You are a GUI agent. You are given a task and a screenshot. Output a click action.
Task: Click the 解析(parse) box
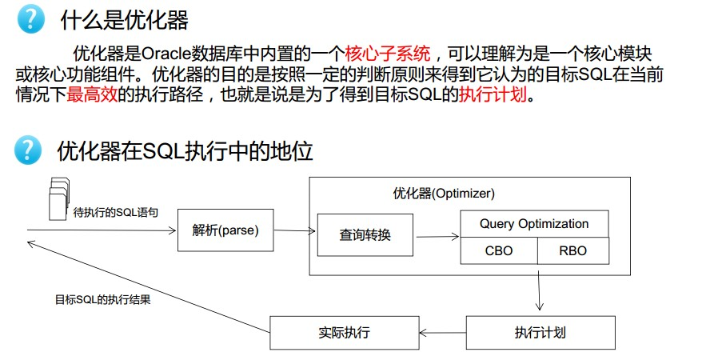tap(225, 230)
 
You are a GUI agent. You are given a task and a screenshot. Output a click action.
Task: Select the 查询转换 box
tap(365, 235)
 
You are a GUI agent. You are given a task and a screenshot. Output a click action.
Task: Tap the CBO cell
tap(499, 251)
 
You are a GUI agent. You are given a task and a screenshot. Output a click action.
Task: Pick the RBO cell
tap(572, 251)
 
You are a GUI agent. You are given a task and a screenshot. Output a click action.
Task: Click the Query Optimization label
tap(534, 224)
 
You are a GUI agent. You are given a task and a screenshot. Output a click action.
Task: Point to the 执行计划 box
tap(540, 333)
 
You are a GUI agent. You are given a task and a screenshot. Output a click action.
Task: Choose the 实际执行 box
tap(345, 333)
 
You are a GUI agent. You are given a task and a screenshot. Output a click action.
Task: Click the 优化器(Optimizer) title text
tap(444, 194)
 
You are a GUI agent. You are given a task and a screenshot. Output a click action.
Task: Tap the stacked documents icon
tap(59, 198)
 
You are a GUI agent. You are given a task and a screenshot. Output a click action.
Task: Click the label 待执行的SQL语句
tap(115, 213)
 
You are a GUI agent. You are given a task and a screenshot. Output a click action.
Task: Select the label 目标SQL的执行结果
tap(102, 299)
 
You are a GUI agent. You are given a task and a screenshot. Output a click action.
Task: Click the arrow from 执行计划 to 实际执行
tap(442, 333)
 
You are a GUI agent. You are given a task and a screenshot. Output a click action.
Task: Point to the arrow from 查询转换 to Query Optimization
tap(437, 236)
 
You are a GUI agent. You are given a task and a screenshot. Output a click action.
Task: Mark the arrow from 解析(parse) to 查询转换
tap(294, 230)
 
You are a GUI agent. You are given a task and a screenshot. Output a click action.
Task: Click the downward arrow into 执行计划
tap(539, 290)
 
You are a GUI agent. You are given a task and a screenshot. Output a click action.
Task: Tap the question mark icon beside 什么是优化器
tap(30, 20)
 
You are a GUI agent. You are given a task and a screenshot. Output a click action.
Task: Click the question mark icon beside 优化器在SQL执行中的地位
tap(28, 150)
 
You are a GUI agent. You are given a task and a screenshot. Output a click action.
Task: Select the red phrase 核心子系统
tap(388, 54)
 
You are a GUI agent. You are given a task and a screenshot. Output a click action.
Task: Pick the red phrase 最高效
tap(92, 94)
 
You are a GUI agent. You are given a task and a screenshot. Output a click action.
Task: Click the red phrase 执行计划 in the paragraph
tap(493, 94)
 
